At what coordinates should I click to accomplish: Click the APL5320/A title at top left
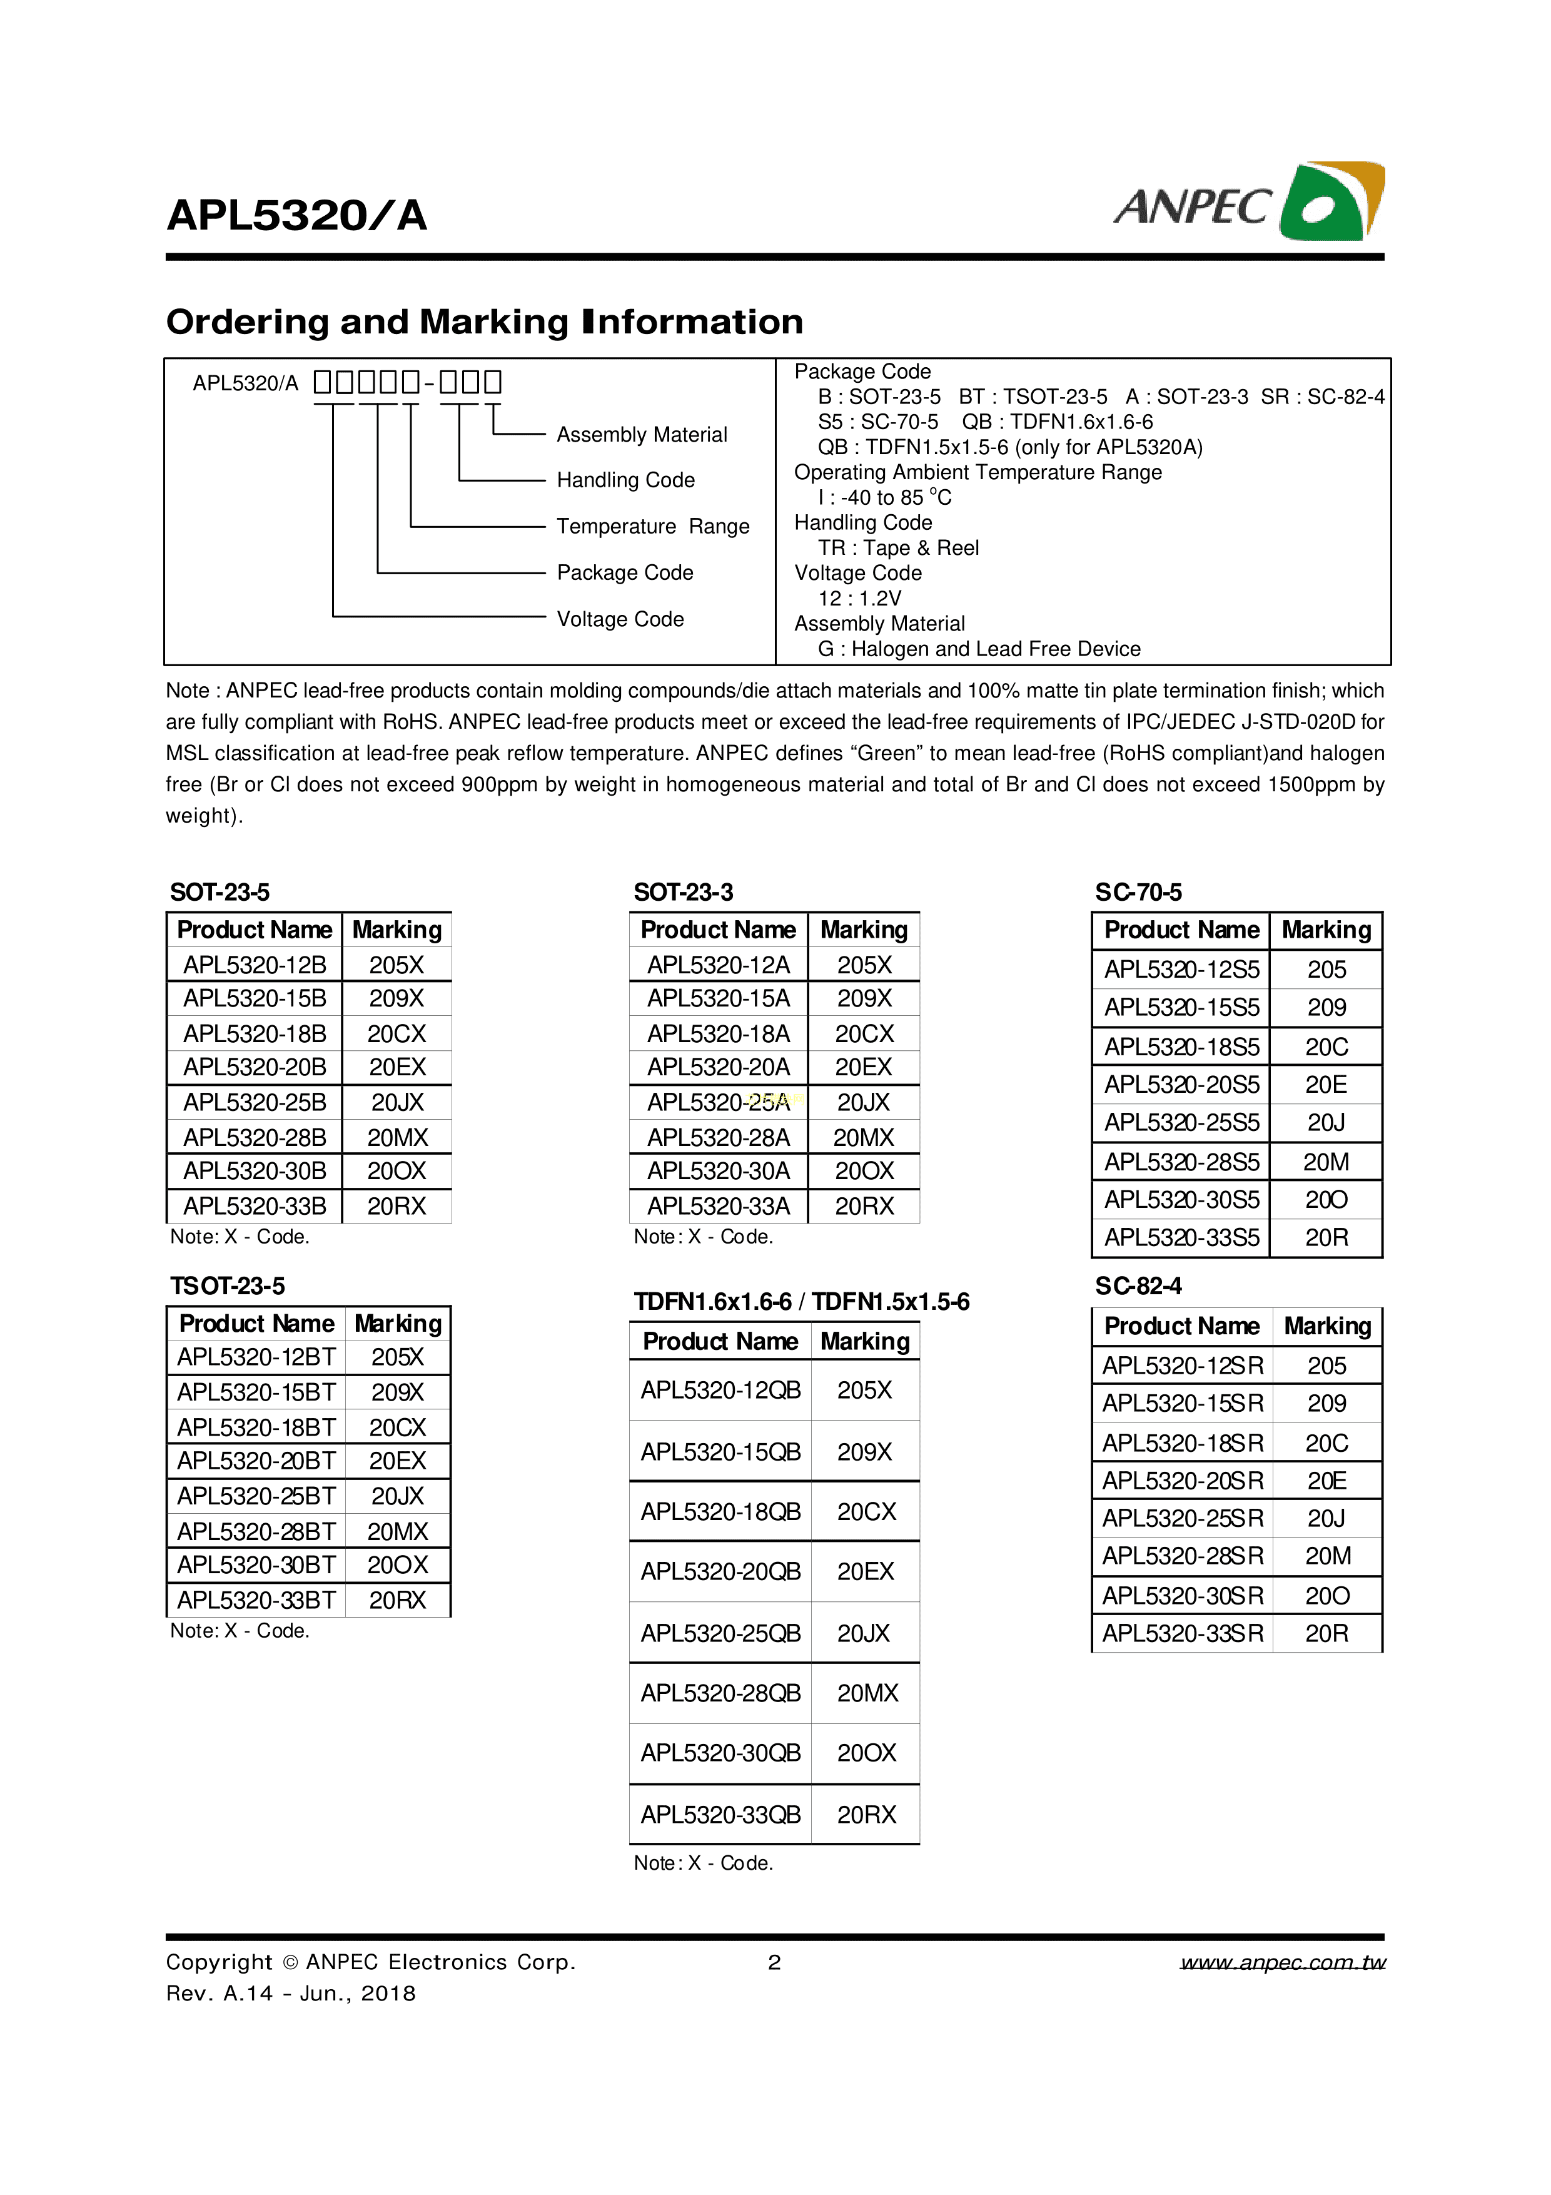click(296, 215)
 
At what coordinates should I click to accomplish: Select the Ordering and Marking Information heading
click(485, 322)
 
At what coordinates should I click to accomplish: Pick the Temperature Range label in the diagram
click(653, 527)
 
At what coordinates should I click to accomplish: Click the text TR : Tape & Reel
click(897, 548)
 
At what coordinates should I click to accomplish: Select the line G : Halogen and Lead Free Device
click(979, 649)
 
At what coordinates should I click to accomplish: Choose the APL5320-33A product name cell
click(718, 1207)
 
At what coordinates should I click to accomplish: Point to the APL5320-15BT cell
click(256, 1392)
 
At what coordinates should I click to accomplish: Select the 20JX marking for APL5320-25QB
click(864, 1633)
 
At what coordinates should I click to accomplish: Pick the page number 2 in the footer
click(774, 1963)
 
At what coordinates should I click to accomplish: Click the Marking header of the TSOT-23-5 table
click(398, 1324)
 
